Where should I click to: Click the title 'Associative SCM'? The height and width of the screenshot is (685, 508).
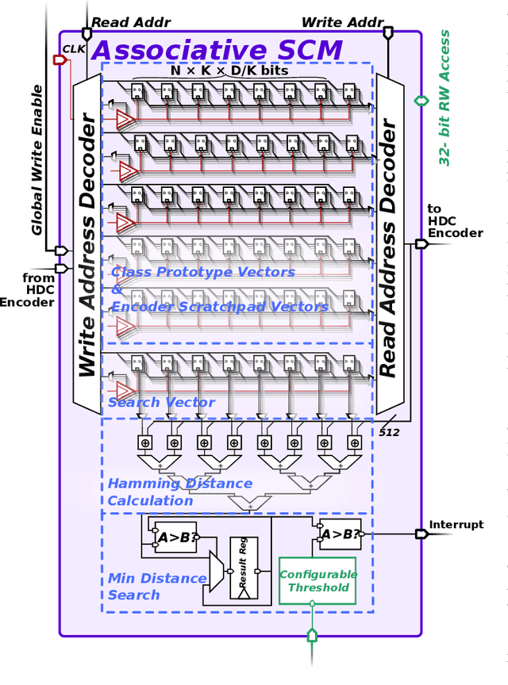tap(217, 50)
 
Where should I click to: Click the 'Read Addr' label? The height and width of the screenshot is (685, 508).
tap(121, 23)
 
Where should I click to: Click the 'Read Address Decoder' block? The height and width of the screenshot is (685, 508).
tap(389, 246)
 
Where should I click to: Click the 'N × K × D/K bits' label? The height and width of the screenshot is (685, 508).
tap(229, 71)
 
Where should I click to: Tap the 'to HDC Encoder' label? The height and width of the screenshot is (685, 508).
tap(454, 221)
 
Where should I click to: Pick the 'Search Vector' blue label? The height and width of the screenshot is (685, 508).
tap(161, 403)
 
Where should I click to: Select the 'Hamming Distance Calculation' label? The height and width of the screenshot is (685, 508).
tap(179, 492)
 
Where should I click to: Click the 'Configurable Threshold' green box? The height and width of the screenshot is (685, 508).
tap(317, 580)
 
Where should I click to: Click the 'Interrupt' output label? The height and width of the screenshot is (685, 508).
tap(456, 525)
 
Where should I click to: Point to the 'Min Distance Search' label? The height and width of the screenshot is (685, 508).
tap(156, 587)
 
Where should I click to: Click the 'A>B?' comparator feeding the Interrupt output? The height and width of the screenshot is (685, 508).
tap(340, 535)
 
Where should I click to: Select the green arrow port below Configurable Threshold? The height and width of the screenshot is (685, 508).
tap(312, 635)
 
